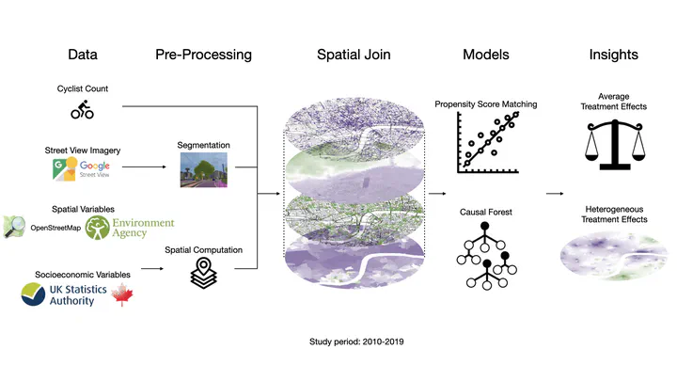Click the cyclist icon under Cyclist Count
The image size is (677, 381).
coord(83,112)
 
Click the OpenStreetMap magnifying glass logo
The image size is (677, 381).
coord(16,226)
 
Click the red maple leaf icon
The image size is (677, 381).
coord(121,297)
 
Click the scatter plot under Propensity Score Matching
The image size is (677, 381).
coord(485,142)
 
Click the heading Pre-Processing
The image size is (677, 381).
coord(203,55)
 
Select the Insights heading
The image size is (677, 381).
coord(613,55)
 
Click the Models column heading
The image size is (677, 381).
coord(486,55)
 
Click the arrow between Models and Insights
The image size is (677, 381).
coord(555,194)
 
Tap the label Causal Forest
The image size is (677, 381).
coord(485,213)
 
